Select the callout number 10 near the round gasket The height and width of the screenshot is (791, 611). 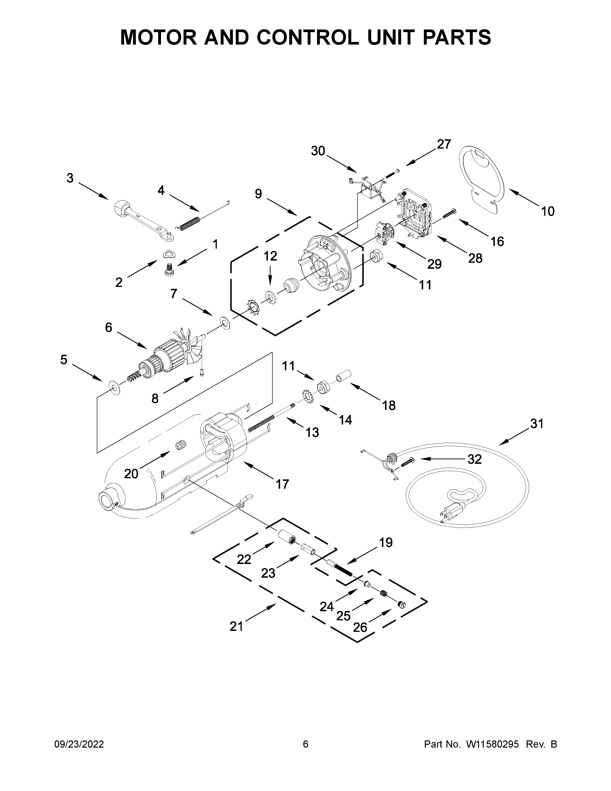pos(548,211)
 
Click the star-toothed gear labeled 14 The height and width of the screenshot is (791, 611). pos(308,396)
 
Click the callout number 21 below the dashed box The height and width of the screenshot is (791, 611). pos(236,626)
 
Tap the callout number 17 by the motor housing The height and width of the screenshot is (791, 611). pos(282,484)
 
